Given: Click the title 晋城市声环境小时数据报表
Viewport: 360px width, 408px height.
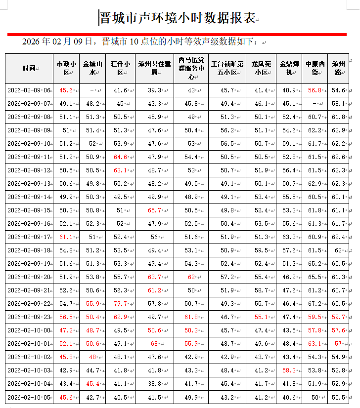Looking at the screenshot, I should pos(178,19).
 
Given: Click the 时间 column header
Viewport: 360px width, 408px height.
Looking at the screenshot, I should pos(29,68).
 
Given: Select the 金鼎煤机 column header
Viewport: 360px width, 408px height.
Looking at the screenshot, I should pos(289,68).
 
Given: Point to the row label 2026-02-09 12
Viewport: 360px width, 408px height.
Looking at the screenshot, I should pos(29,170).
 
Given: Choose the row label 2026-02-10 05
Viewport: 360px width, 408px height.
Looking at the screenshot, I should pos(29,397).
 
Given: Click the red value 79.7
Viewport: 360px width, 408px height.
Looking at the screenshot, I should pos(121,304).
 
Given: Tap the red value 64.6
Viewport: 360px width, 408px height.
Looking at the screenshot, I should pos(121,157).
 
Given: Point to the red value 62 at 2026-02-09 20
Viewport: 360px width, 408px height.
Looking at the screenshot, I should pos(191,277).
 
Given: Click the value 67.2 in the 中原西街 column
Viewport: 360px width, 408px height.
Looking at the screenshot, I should pos(315,304).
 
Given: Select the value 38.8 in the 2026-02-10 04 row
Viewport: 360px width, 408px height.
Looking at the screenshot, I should pos(155,384).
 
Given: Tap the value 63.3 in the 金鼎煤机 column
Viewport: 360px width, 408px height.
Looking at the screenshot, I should pos(289,237).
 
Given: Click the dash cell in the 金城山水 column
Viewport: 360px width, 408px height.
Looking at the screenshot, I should pos(92,90).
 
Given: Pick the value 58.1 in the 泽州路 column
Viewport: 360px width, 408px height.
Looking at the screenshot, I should pos(339,104).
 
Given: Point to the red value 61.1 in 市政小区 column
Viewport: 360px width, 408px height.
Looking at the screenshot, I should pos(66,237).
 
